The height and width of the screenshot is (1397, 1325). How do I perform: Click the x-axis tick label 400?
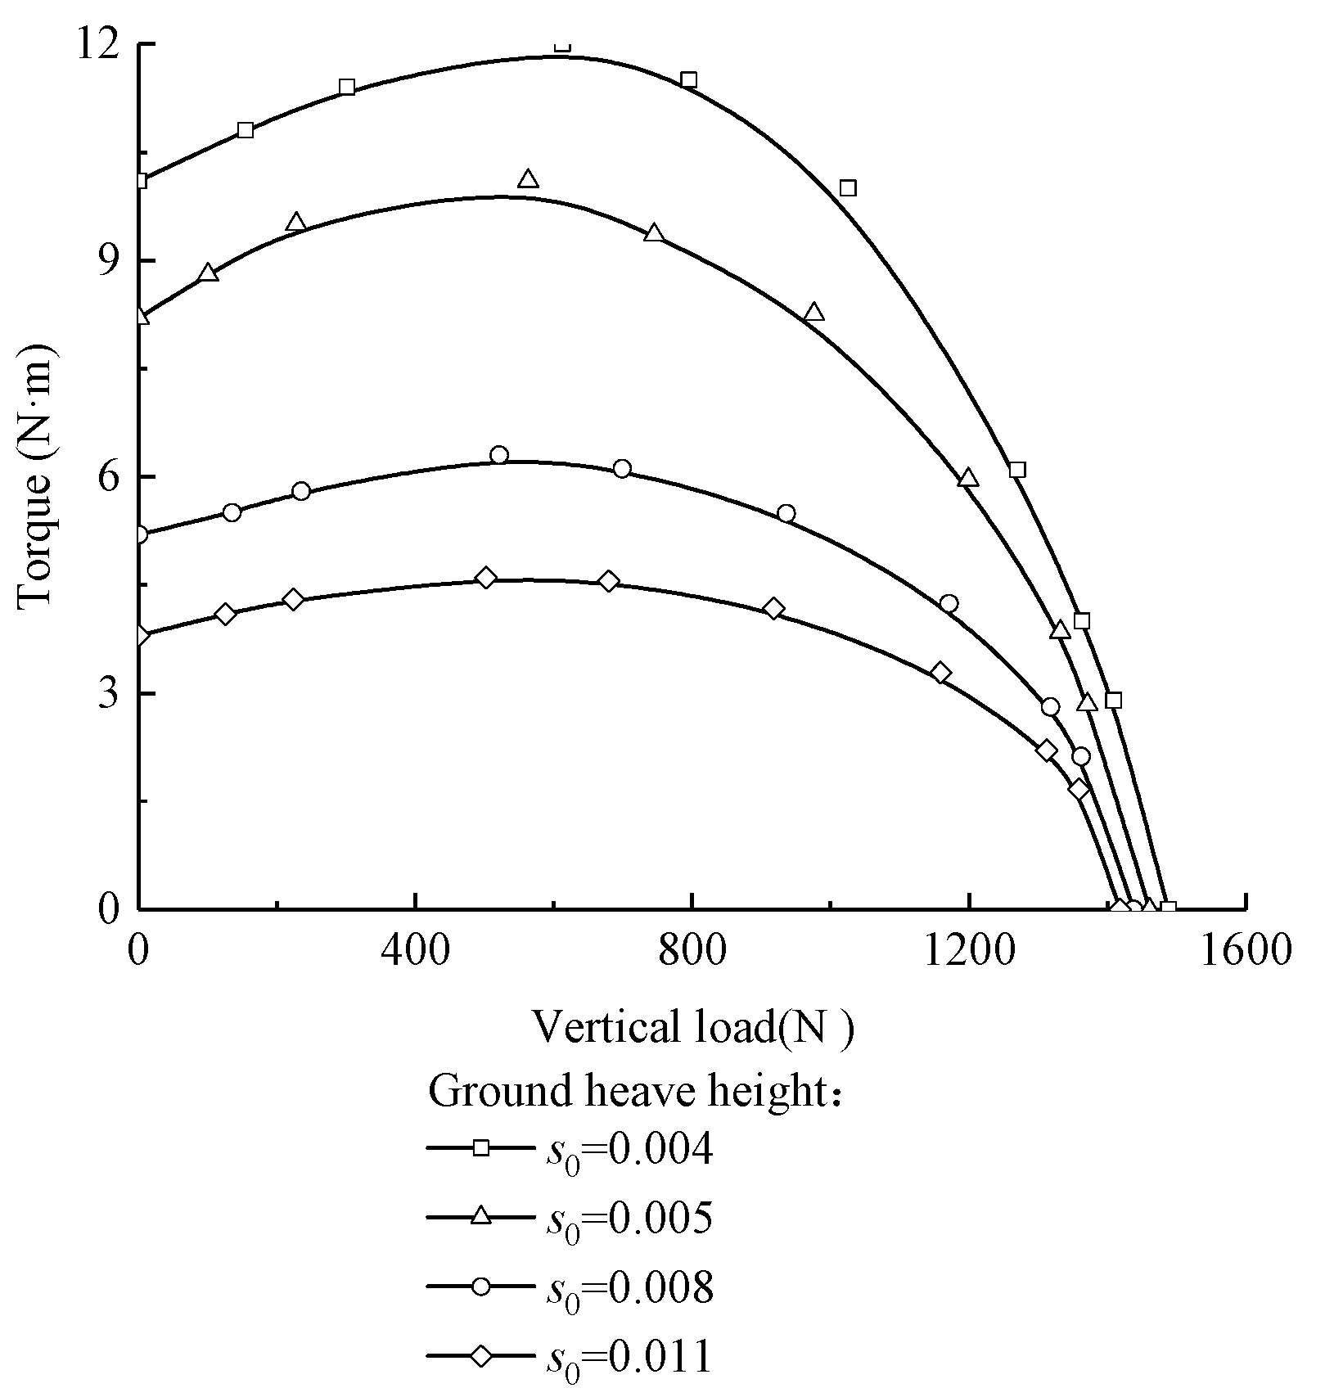click(x=415, y=953)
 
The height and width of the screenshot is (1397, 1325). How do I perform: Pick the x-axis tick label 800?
click(x=692, y=953)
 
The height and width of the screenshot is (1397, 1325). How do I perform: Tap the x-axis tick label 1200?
click(x=969, y=953)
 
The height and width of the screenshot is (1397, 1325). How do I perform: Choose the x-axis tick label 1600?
click(x=1245, y=953)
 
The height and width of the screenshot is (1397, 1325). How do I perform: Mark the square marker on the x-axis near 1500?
click(x=1169, y=909)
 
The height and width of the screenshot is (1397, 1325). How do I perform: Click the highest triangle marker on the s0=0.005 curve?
click(x=528, y=179)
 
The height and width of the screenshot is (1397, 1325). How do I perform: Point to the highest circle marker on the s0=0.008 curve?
click(x=499, y=455)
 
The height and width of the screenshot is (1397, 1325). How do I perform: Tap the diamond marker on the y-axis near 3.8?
click(x=141, y=636)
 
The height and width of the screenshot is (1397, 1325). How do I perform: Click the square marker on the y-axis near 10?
click(x=141, y=181)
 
